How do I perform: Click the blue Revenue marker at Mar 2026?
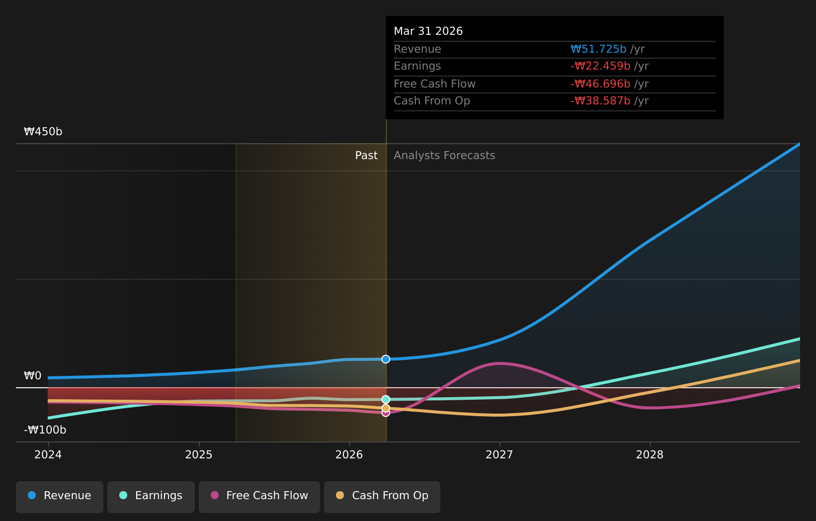[x=386, y=359]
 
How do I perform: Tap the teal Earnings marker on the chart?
[x=386, y=399]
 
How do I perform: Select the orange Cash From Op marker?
[x=386, y=408]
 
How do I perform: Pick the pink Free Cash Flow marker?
[x=386, y=413]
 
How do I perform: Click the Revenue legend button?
[x=59, y=497]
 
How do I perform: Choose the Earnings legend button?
[x=151, y=497]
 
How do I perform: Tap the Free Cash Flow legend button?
[x=259, y=497]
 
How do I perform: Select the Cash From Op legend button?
[x=382, y=497]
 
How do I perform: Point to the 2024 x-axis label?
[x=48, y=455]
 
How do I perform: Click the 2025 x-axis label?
[x=199, y=455]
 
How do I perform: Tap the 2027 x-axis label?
[x=499, y=455]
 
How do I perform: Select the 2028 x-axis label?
[x=650, y=455]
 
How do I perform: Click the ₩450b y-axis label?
[x=43, y=132]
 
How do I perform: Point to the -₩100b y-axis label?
[x=45, y=430]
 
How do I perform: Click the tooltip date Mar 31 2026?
[x=428, y=31]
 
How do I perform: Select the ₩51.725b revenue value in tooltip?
[x=598, y=49]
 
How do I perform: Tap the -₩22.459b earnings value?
[x=600, y=66]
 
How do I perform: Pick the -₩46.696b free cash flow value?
[x=600, y=84]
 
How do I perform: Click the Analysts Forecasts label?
[x=444, y=156]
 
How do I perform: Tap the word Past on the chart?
[x=366, y=156]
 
